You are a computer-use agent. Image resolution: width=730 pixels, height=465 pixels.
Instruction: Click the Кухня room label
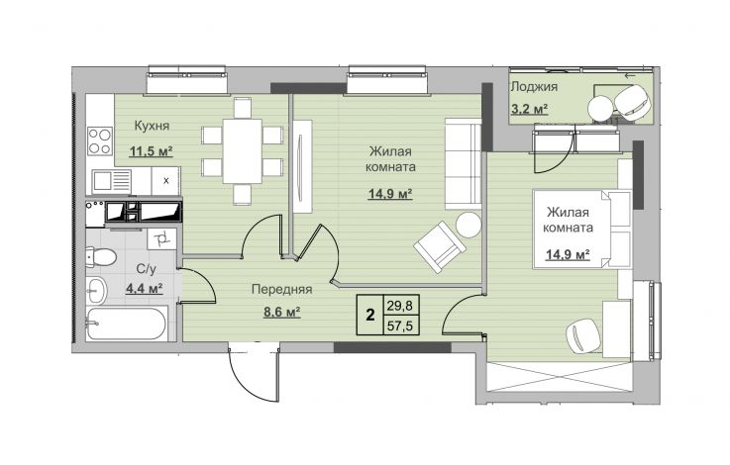[152, 126]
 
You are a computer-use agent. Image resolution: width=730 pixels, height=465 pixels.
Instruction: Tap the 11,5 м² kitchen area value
[151, 151]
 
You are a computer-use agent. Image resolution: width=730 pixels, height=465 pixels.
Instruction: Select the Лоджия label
[534, 87]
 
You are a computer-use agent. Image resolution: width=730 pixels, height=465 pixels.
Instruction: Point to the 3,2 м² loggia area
[529, 109]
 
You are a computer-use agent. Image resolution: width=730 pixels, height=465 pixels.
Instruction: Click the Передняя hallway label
[281, 289]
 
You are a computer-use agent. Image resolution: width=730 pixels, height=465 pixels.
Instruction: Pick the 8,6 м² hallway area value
[281, 312]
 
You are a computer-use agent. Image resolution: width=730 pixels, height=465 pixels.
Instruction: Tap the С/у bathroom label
[147, 269]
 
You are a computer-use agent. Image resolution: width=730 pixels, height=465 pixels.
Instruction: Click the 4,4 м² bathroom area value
[144, 289]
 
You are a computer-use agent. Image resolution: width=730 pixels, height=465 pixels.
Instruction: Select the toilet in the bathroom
[100, 257]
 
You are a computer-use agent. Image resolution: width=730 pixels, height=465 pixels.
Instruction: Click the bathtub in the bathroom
[127, 324]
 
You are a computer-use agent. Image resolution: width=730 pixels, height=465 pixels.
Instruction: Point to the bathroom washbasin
[97, 290]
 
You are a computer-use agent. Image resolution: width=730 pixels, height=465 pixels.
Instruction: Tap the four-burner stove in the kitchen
[100, 140]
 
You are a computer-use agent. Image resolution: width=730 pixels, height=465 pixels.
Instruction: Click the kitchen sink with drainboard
[112, 181]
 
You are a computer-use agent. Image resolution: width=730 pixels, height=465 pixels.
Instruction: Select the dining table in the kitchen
[242, 151]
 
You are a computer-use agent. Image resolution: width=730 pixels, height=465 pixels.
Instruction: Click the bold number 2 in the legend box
[370, 316]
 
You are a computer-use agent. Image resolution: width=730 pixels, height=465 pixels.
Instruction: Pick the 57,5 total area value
[400, 325]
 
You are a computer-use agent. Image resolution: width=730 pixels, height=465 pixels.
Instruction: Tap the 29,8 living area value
[400, 306]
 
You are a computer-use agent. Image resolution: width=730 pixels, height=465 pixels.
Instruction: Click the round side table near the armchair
[469, 225]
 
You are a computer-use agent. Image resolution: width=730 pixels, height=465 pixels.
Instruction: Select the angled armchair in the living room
[440, 246]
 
